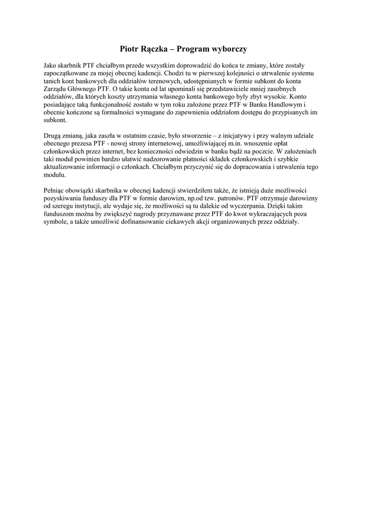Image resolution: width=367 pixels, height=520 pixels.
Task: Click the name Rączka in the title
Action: click(152, 49)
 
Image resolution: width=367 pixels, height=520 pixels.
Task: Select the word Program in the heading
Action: click(195, 49)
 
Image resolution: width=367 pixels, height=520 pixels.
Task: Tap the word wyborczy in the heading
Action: click(231, 49)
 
